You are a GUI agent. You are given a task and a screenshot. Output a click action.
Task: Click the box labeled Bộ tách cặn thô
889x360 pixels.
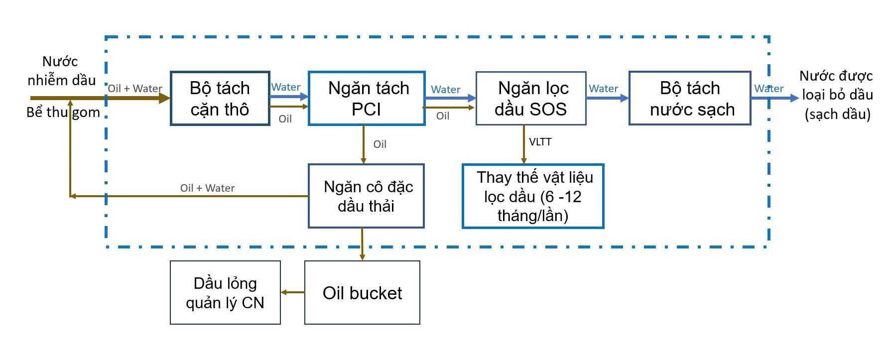[220, 99]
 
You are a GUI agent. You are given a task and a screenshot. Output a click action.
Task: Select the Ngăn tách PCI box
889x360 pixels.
[367, 99]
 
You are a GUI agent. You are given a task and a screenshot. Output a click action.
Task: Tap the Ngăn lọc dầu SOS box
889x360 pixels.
[531, 99]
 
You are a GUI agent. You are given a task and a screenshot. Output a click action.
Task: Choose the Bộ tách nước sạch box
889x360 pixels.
[690, 99]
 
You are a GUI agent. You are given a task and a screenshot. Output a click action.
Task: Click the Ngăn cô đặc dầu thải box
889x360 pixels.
[366, 196]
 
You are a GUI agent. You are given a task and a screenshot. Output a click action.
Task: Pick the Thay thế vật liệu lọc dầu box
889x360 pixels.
[533, 196]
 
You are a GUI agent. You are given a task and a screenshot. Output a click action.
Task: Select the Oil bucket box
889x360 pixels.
[362, 293]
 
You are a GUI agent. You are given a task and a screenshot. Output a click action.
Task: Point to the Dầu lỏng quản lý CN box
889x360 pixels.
[225, 293]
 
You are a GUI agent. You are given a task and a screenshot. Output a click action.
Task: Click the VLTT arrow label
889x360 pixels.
[540, 142]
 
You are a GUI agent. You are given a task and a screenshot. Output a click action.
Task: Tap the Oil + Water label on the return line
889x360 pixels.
[207, 188]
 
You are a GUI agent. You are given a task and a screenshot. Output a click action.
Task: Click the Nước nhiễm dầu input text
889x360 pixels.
[61, 71]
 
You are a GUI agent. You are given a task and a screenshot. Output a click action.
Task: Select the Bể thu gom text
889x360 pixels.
[63, 113]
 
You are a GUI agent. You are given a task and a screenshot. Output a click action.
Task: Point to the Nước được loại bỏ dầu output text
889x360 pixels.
[837, 95]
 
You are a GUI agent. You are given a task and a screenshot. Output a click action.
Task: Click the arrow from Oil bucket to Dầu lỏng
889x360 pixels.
[293, 292]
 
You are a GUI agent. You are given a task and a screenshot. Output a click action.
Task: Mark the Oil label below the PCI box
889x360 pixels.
[380, 144]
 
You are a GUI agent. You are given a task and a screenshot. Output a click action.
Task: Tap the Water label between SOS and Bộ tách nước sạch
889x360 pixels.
[603, 89]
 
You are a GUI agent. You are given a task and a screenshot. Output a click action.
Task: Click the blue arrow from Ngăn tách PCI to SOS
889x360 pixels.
[450, 98]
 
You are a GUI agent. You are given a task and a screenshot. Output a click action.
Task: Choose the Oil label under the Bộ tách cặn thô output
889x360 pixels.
[285, 119]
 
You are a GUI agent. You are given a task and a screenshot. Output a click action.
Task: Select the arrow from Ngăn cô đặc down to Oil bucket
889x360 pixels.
[362, 244]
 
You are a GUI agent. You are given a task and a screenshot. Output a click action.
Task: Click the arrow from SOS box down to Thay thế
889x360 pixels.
[523, 144]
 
